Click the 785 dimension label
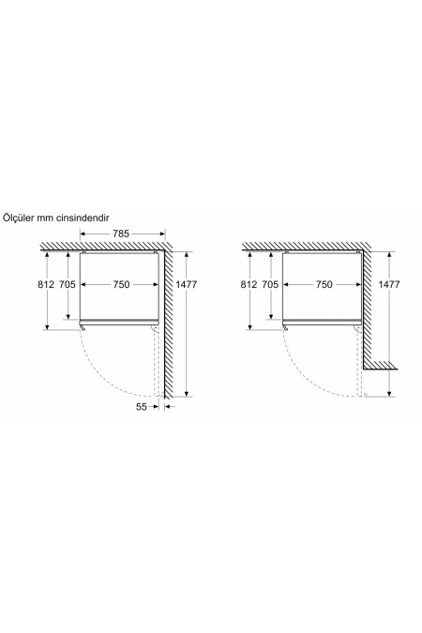coord(121,234)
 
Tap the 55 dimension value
coord(142,406)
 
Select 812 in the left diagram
coord(46,284)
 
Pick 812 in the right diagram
coord(249,284)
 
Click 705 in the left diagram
coord(68,284)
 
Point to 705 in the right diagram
coord(270,284)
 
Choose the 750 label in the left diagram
coord(121,284)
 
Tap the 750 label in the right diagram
coord(324,284)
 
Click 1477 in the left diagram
coord(187,284)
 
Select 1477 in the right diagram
coord(389,284)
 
